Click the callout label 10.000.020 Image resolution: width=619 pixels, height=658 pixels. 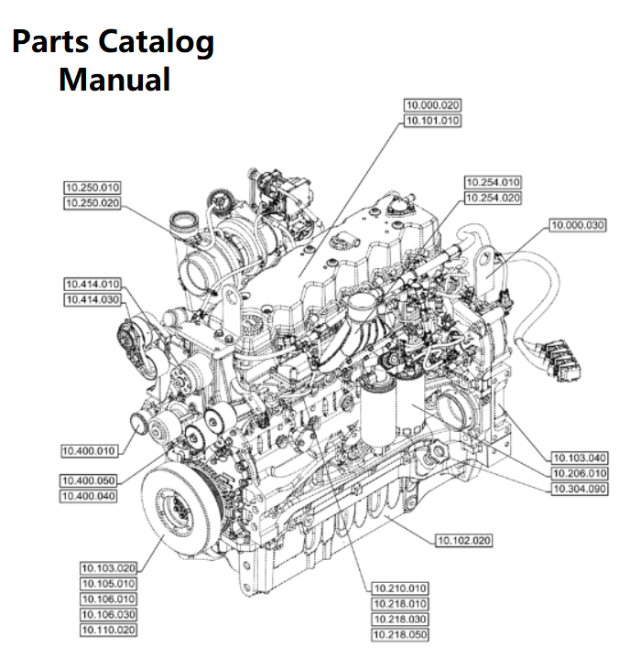[433, 105]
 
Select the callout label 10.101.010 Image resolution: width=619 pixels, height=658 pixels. [433, 120]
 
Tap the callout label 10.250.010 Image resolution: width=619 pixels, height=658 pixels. [92, 188]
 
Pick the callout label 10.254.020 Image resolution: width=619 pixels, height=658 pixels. [493, 198]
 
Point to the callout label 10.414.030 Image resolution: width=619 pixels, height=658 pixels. [92, 299]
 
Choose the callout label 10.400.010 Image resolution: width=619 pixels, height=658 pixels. [89, 450]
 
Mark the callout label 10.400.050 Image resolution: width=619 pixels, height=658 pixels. [89, 480]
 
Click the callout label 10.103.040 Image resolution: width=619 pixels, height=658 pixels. [580, 458]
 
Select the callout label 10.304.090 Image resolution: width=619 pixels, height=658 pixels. [580, 489]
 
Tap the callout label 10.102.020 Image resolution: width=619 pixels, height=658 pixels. [462, 541]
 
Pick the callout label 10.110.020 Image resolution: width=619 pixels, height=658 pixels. [108, 630]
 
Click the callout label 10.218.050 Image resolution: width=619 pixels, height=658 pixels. [400, 633]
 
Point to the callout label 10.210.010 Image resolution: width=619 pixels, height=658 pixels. [400, 588]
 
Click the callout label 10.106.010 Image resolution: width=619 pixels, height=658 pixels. [108, 599]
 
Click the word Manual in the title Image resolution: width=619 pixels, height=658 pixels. [114, 79]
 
